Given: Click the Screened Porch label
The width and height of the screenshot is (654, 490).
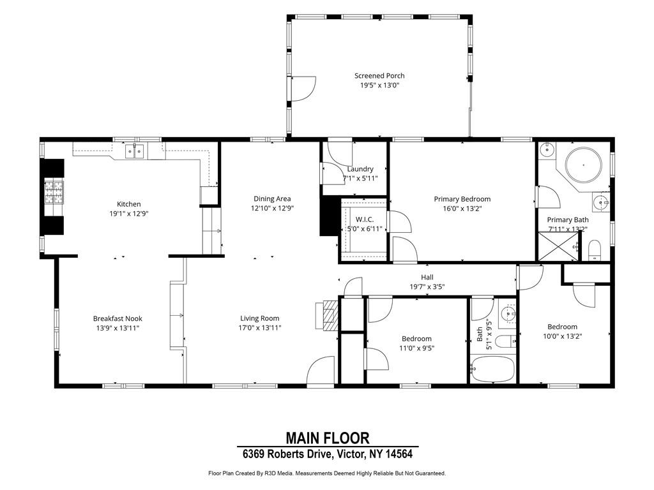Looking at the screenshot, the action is (379, 76).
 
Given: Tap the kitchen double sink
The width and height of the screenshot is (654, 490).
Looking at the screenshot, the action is (135, 151).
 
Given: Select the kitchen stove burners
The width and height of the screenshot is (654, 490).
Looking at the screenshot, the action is (54, 192).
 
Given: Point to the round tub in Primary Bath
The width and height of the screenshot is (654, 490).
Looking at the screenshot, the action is (584, 165).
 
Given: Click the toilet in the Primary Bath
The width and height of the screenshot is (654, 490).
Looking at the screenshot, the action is (594, 250).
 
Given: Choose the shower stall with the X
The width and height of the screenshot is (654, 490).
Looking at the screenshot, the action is (559, 246).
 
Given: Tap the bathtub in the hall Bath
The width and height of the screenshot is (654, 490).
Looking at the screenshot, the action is (492, 369).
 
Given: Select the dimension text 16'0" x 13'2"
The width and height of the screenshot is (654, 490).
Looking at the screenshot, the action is (462, 209).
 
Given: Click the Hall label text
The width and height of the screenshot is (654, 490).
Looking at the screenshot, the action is (427, 277).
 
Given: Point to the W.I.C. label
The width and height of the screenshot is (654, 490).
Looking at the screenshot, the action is (365, 219).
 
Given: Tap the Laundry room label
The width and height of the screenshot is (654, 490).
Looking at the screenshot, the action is (360, 169).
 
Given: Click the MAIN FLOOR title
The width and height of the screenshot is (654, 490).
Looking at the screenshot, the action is (328, 438).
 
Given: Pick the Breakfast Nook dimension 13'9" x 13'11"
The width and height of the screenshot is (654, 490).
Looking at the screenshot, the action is (118, 328).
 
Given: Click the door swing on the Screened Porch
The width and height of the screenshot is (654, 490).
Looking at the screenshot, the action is (303, 88).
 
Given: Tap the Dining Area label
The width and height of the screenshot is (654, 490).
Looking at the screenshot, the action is (272, 199).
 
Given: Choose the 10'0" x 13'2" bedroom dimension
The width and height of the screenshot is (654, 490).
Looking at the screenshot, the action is (562, 336).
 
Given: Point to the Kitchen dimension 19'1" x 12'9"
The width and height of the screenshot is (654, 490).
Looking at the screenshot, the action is (128, 213).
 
